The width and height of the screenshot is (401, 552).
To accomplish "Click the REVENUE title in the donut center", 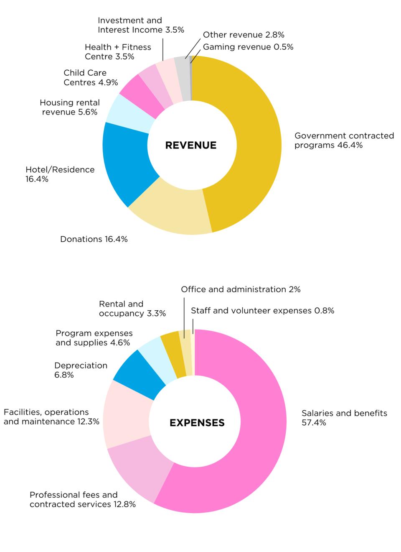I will pos(191,145).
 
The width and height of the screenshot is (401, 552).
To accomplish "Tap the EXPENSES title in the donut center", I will pos(197,423).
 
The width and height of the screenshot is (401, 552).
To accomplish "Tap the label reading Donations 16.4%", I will pos(94,239).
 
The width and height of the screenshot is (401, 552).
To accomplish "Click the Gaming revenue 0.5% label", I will pos(248,47).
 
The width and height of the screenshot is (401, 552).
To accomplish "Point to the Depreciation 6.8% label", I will pos(81,370).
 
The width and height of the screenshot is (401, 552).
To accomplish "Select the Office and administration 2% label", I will pos(241,289).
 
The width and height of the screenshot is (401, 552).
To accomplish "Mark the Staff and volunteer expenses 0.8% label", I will pos(262,311).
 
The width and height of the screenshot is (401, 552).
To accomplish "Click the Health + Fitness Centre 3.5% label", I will pos(118,52).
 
